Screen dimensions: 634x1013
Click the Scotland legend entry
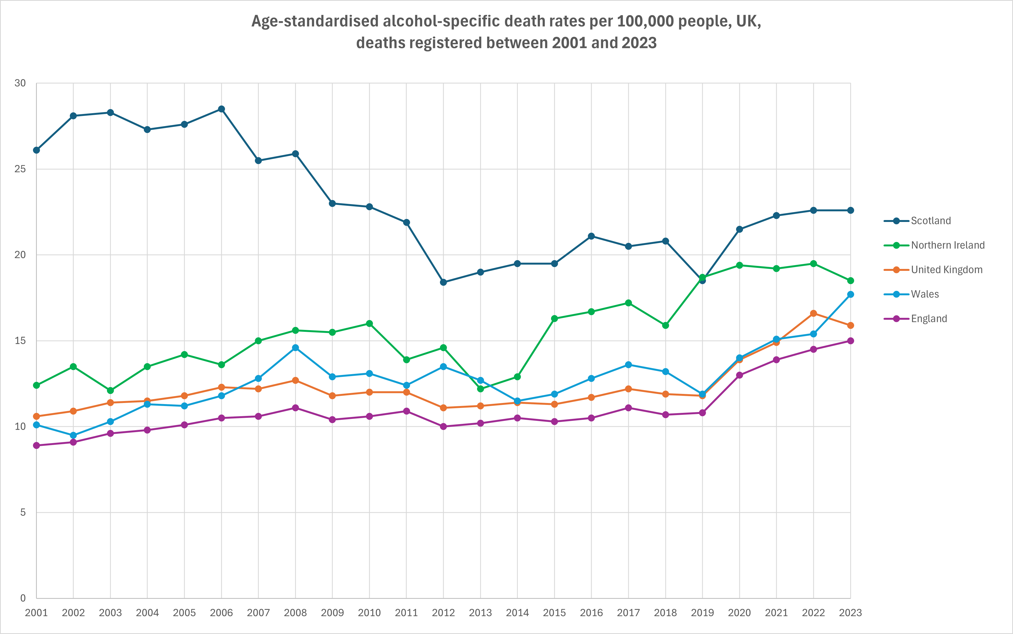coord(930,221)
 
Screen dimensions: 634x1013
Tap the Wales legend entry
coord(924,294)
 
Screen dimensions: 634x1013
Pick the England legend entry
coord(929,319)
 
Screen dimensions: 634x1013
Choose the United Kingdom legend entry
coord(946,270)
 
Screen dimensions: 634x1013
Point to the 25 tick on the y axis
coord(20,169)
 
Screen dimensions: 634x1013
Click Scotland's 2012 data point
coord(444,282)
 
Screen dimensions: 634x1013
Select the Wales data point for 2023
coord(850,294)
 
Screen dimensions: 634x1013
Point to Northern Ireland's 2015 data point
coord(554,319)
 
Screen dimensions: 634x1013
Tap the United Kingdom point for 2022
coord(814,313)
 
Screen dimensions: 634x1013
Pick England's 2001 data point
coord(37,445)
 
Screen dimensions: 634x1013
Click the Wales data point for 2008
coord(295,347)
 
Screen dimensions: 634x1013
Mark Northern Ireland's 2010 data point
coord(369,324)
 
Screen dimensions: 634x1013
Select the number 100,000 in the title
coord(646,21)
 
